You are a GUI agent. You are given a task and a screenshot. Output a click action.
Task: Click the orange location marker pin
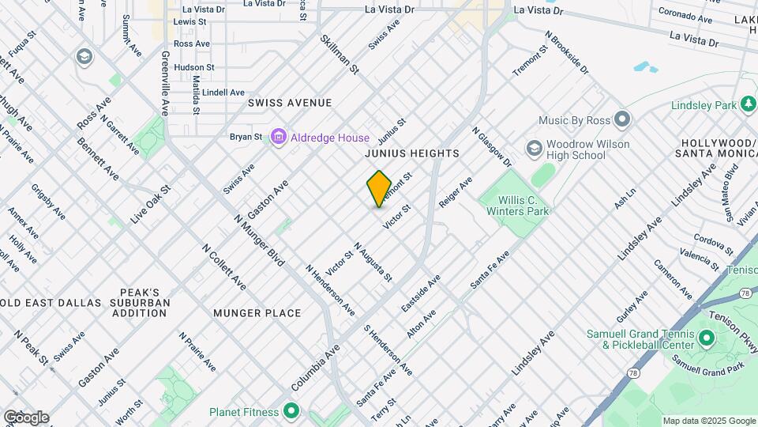tap(379, 188)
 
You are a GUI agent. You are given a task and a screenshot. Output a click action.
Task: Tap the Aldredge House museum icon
tap(278, 138)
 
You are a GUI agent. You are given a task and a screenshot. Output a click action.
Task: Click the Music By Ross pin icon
tap(622, 120)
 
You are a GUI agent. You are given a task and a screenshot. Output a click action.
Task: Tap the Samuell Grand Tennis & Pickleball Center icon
tap(705, 339)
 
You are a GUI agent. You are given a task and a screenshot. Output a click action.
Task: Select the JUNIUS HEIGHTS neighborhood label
tap(411, 153)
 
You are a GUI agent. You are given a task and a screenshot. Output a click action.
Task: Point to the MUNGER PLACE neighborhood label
tap(257, 313)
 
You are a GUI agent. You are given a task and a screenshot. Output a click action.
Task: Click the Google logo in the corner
tap(26, 418)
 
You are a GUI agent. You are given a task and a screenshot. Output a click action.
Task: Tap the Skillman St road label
tap(340, 55)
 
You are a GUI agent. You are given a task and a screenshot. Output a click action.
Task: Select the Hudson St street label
tap(194, 68)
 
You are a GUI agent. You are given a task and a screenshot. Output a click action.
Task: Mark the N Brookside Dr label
tap(567, 53)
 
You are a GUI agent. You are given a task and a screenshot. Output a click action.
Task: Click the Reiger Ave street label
tap(456, 192)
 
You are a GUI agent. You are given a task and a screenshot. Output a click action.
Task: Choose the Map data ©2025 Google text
tap(707, 421)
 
